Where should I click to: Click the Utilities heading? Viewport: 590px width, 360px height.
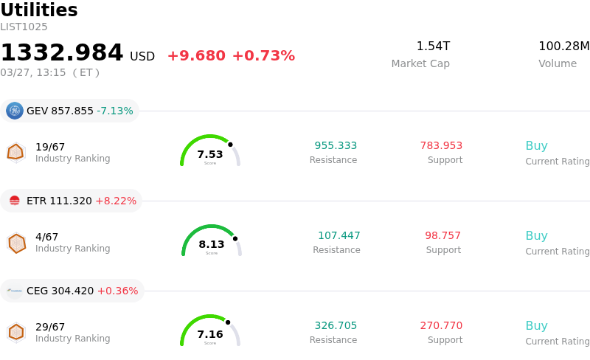coord(39,10)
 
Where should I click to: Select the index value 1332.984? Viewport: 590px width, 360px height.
coord(62,53)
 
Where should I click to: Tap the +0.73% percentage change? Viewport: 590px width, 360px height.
coord(263,56)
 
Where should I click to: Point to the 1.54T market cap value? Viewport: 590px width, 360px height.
coord(433,46)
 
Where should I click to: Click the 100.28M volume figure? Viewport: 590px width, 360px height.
coord(563,46)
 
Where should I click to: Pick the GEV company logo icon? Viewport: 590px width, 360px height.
coord(15,111)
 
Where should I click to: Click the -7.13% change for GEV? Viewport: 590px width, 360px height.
coord(115,111)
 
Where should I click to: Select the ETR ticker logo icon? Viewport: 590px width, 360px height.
coord(15,201)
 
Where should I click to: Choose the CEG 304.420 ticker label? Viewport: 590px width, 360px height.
coord(60,291)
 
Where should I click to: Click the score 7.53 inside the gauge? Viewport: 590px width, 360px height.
coord(210,154)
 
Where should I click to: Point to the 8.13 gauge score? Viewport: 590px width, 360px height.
coord(212,244)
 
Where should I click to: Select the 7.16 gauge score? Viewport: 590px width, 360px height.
coord(210,334)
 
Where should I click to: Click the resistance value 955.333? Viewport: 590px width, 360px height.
coord(336,145)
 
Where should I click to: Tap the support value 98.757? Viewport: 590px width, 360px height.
coord(442,235)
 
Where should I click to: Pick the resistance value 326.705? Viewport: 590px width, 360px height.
coord(336,325)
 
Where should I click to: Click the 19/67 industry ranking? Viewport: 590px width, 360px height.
coord(50,147)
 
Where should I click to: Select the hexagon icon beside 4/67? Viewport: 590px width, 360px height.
coord(16,243)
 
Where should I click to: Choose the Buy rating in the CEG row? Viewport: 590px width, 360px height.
coord(536,325)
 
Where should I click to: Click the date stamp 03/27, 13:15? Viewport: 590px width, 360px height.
coord(33,72)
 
